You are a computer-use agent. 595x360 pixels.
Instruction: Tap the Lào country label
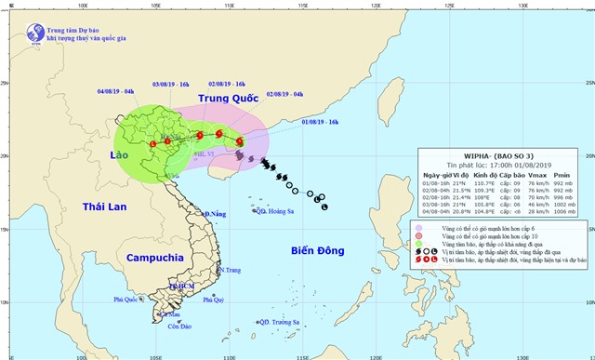pyautogui.click(x=119, y=154)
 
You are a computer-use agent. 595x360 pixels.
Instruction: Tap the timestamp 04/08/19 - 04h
pyautogui.click(x=115, y=91)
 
